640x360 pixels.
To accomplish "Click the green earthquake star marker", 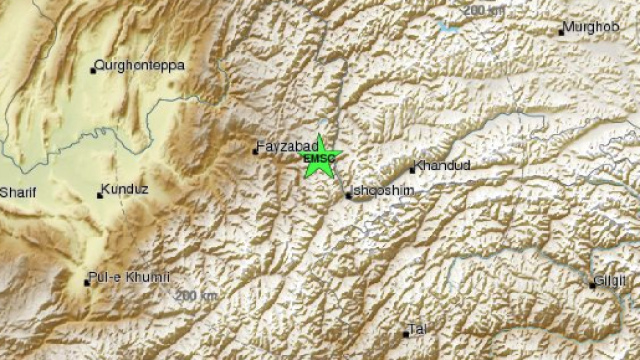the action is [x=321, y=157].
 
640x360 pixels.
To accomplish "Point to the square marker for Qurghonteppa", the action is [x=94, y=69].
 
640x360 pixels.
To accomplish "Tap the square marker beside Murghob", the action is [x=561, y=32].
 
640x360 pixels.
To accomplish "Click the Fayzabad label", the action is [x=286, y=147].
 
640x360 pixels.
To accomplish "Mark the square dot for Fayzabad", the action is [x=254, y=151].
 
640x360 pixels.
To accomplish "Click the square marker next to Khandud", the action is [x=412, y=170].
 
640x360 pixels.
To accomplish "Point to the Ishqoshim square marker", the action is [x=348, y=196].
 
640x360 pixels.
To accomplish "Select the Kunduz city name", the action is [x=128, y=188].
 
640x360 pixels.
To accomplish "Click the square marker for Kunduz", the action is [x=100, y=194].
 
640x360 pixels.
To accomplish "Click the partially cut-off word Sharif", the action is [x=17, y=192].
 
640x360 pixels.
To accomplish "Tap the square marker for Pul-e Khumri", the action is [x=87, y=282].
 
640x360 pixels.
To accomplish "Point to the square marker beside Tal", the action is [x=406, y=333].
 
